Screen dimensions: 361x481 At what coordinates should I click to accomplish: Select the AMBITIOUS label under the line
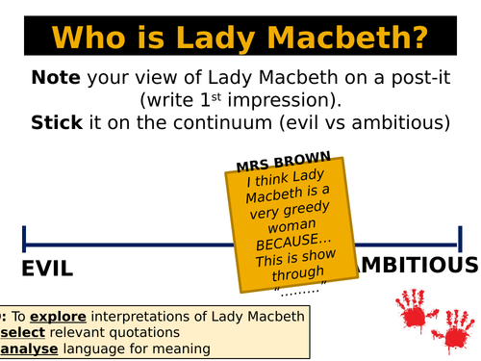pyautogui.click(x=417, y=266)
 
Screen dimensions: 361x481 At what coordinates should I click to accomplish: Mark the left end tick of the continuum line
pyautogui.click(x=24, y=238)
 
